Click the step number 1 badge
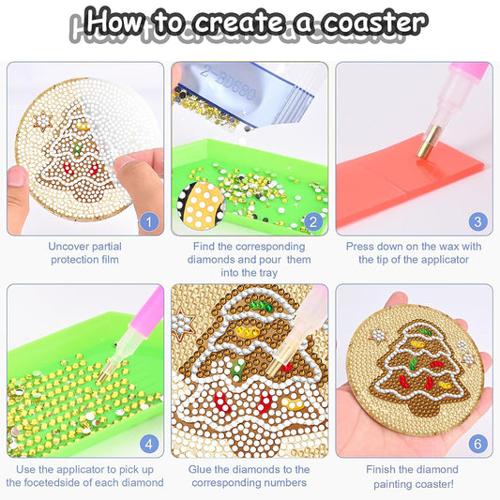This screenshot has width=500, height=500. (147, 222)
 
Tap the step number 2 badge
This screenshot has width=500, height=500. (313, 222)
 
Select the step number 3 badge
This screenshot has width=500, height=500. (478, 222)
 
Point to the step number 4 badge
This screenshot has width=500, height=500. (147, 444)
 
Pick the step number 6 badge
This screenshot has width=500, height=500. (478, 444)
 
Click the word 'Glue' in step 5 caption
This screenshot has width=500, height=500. (205, 469)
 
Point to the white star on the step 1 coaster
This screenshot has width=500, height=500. (42, 121)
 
